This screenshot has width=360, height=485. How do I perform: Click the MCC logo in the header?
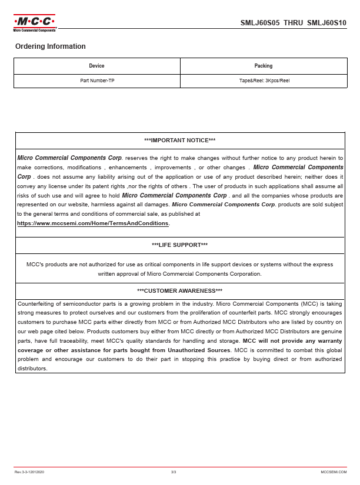34,23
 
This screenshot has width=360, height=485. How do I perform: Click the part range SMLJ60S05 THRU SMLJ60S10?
294,24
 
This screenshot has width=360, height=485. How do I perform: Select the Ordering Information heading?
51,46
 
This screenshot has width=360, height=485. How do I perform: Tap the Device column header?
96,66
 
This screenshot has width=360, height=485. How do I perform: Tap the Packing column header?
263,66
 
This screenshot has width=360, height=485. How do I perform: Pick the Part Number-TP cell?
97,81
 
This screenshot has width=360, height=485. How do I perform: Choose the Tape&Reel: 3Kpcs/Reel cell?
263,81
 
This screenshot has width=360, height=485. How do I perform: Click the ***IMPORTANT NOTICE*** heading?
179,141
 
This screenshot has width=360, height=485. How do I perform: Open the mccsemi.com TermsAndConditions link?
94,224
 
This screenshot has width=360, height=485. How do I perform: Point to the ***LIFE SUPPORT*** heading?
179,245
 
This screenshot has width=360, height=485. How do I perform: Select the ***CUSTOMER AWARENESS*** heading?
179,291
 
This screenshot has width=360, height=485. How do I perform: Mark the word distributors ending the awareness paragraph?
32,369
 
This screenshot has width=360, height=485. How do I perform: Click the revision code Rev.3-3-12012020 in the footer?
30,472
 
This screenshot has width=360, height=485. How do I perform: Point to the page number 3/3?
174,472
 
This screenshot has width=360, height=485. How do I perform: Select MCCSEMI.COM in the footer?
334,472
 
